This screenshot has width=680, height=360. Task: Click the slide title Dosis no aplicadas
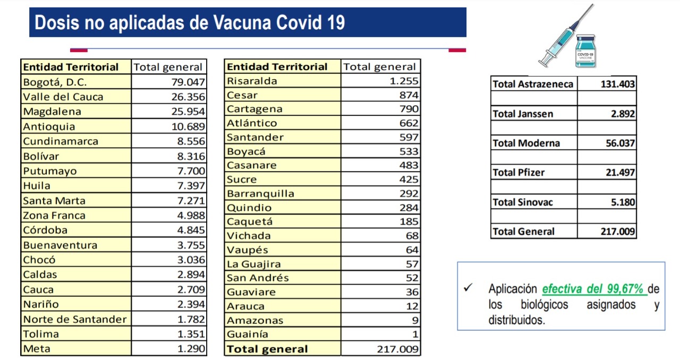[190, 22]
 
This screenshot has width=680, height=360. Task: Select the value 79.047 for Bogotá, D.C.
[188, 82]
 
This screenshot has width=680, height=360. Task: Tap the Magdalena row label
[52, 112]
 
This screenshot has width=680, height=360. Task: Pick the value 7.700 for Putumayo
[191, 171]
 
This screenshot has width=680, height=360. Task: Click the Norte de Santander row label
[75, 319]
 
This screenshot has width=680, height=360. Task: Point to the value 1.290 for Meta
[191, 348]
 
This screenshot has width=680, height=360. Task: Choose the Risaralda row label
[252, 81]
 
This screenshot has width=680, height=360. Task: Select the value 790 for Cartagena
[409, 109]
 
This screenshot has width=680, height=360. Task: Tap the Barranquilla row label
[260, 193]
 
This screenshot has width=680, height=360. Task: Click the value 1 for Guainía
[415, 334]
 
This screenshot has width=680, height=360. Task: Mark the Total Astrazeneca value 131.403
[618, 84]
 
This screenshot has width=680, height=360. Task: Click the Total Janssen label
[523, 114]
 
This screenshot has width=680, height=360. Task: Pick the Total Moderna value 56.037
[620, 143]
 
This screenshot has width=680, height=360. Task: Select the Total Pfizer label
[518, 173]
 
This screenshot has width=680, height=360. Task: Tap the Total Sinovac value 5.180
[623, 202]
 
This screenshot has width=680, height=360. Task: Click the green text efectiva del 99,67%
[592, 289]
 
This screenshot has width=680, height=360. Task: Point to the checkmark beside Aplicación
[468, 287]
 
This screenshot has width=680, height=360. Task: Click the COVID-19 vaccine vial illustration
[585, 51]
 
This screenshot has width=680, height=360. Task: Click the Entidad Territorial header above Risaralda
[277, 66]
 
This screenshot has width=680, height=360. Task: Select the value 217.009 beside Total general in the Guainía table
[398, 349]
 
